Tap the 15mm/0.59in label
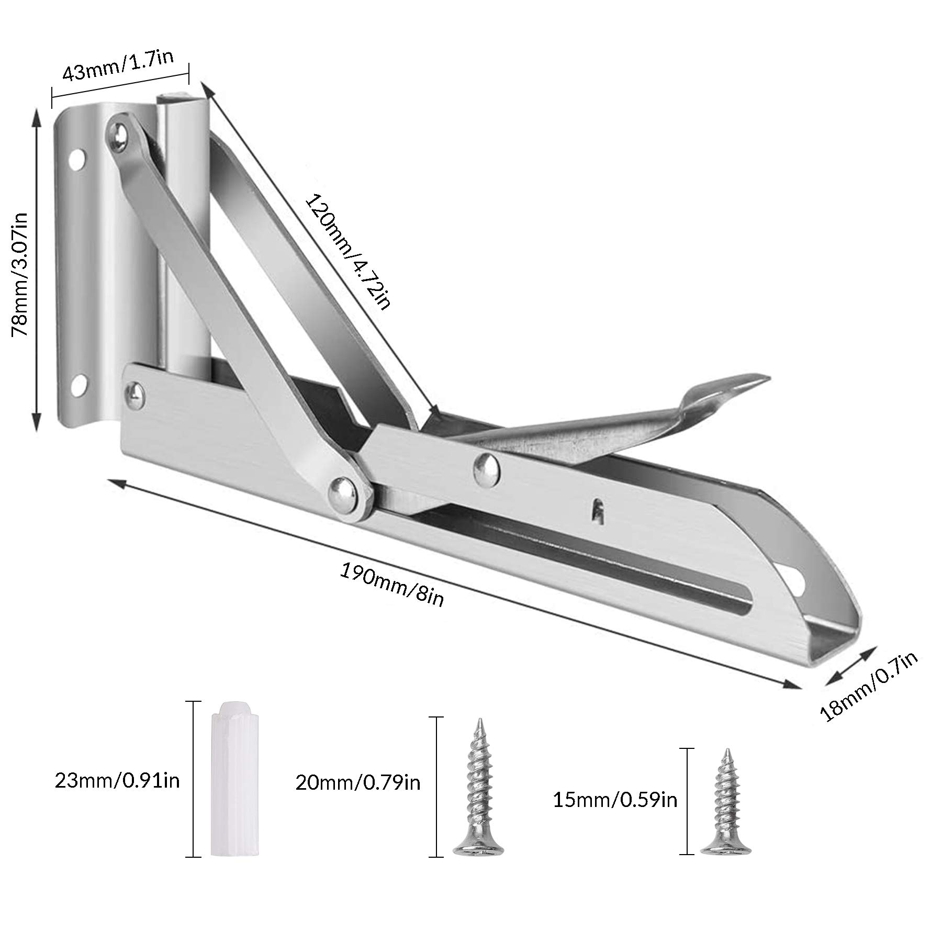[615, 815]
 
